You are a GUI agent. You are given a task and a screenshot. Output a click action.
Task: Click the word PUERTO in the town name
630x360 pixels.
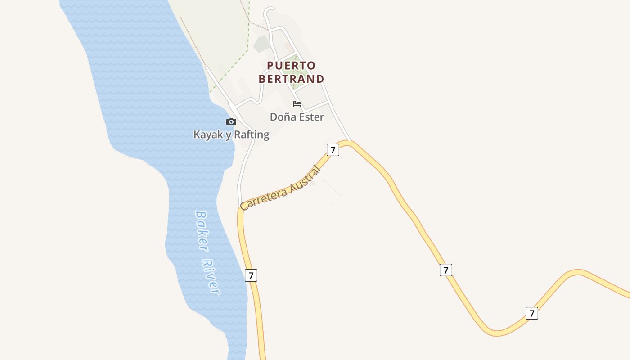click(x=291, y=66)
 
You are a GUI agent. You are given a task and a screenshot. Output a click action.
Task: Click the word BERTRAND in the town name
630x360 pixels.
click(x=291, y=79)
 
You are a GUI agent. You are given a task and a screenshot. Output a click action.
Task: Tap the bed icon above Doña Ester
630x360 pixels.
click(x=297, y=104)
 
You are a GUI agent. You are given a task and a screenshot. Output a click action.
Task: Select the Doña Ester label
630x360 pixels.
click(x=297, y=117)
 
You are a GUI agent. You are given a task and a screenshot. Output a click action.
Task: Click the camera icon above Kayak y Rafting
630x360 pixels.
click(x=231, y=121)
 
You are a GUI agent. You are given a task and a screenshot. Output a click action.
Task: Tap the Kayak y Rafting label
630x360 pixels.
click(x=231, y=135)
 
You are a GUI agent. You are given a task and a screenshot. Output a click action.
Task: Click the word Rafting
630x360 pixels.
click(x=252, y=135)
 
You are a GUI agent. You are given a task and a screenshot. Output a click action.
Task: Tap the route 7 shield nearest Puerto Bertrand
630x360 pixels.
click(x=333, y=150)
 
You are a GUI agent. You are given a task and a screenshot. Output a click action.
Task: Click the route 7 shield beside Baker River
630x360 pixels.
click(x=251, y=275)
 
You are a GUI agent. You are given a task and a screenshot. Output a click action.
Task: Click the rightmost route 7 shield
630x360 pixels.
click(x=531, y=313)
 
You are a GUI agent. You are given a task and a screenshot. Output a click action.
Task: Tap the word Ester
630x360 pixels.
click(x=310, y=117)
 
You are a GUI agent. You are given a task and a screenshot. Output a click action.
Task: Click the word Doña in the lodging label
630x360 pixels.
click(x=280, y=117)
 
